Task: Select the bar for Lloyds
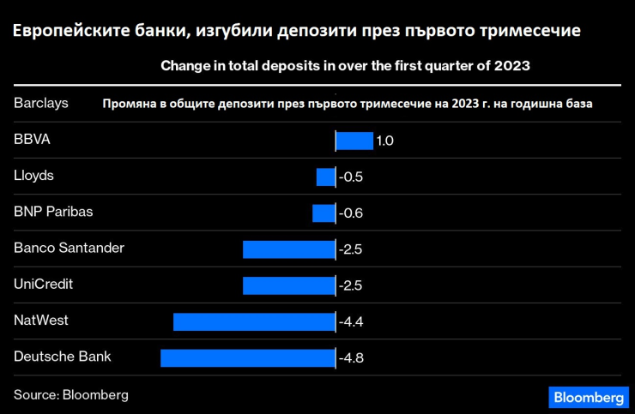coord(325,177)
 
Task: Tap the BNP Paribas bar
coord(324,213)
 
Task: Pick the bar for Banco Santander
coord(288,249)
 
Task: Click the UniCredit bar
coord(288,285)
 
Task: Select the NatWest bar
coord(254,321)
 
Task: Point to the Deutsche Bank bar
coord(247,357)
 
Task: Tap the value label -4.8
coord(351,357)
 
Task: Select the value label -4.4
coord(351,321)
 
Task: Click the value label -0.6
coord(351,213)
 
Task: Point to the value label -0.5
coord(351,177)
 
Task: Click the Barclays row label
coord(41,103)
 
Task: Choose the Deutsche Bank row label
coord(63,356)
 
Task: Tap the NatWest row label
coord(41,320)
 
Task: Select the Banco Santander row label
coord(70,248)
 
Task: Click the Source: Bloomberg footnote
coord(71,395)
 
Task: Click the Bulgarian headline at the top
coord(296,31)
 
